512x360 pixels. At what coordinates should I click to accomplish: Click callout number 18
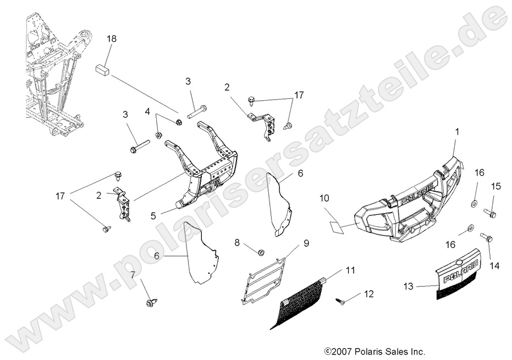click(112, 39)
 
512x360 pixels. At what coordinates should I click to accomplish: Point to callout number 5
click(153, 216)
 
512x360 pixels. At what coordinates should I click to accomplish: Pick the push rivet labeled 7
click(150, 302)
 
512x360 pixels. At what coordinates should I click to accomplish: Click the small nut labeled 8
click(262, 252)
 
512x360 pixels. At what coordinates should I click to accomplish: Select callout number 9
click(306, 243)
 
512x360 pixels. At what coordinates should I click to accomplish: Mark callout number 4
click(147, 112)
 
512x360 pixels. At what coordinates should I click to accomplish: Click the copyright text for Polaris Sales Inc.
click(375, 351)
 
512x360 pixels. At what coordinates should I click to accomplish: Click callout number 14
click(494, 265)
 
